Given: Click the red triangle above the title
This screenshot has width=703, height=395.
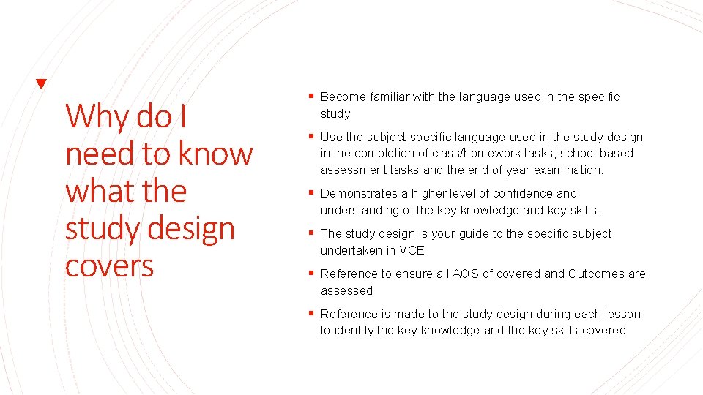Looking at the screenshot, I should pyautogui.click(x=42, y=84).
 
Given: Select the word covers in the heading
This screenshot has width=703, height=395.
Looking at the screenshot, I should pyautogui.click(x=110, y=266).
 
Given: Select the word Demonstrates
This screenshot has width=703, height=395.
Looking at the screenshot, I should pyautogui.click(x=359, y=193).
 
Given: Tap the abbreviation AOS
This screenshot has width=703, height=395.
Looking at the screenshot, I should pyautogui.click(x=465, y=274).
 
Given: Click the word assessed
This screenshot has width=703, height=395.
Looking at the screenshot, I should pyautogui.click(x=346, y=290).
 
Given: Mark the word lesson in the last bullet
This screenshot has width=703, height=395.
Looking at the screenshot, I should pyautogui.click(x=622, y=314).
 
